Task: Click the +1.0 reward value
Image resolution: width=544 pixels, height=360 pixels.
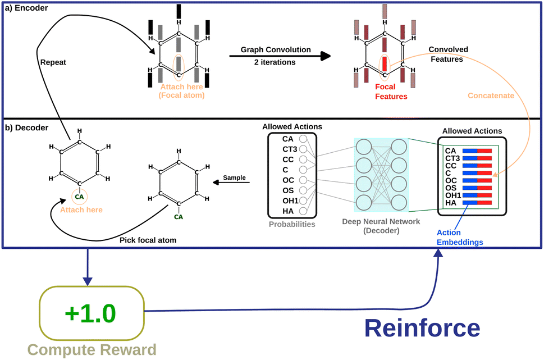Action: pyautogui.click(x=92, y=312)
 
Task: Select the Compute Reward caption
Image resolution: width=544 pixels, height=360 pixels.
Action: pyautogui.click(x=92, y=350)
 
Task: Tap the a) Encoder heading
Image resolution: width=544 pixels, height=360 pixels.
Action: pyautogui.click(x=28, y=8)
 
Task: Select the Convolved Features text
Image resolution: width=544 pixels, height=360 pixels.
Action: pyautogui.click(x=447, y=54)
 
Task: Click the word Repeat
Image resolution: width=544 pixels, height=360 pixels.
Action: pyautogui.click(x=53, y=63)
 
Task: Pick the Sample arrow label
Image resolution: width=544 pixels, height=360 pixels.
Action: pyautogui.click(x=235, y=177)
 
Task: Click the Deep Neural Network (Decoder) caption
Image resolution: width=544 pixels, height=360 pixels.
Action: pyautogui.click(x=381, y=226)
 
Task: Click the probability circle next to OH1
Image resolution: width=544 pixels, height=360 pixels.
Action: pyautogui.click(x=304, y=200)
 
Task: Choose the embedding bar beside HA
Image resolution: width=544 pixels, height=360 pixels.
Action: pyautogui.click(x=477, y=202)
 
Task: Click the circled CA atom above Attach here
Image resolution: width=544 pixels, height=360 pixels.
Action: pyautogui.click(x=80, y=197)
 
